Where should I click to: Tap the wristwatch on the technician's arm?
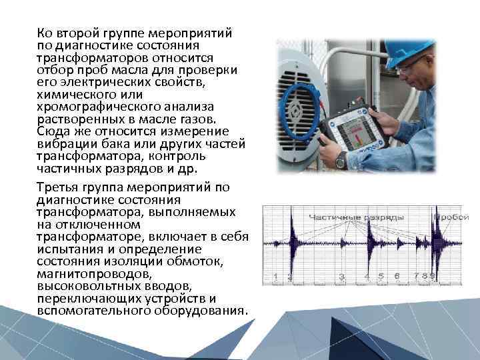click(x=341, y=159)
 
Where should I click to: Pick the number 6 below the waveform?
click(x=397, y=276)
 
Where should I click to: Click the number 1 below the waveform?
click(x=275, y=276)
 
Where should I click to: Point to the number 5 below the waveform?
click(x=381, y=276)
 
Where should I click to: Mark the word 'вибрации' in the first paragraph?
click(x=59, y=143)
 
